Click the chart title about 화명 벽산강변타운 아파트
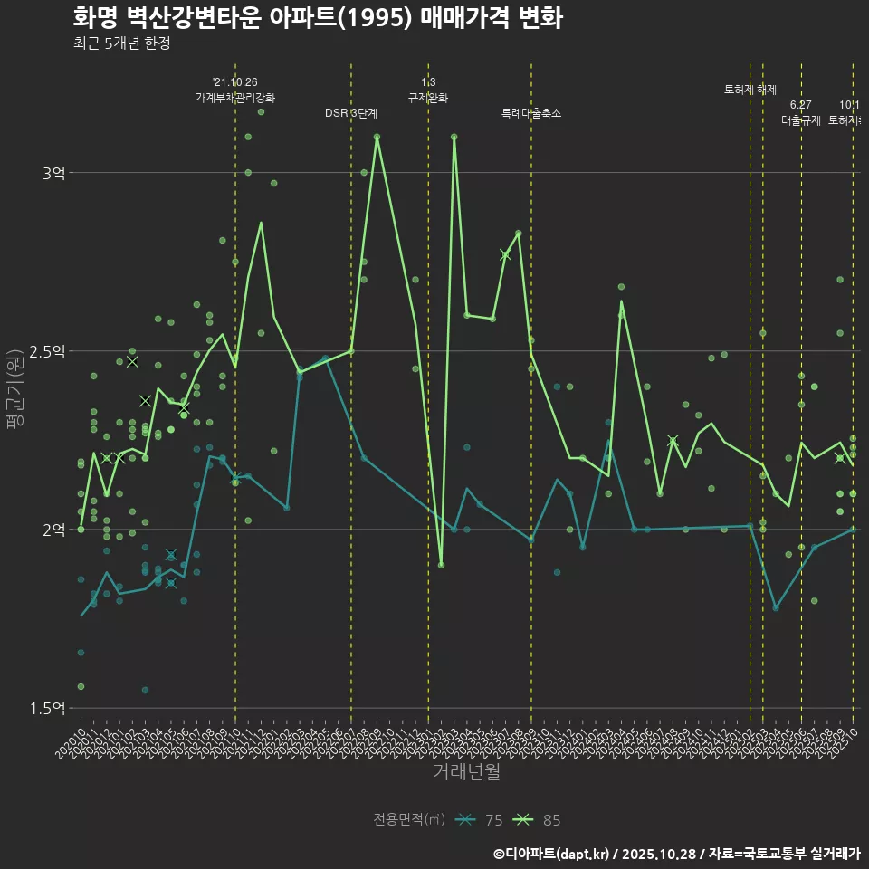point(318,17)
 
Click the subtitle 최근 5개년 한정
point(121,43)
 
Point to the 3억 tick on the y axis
point(54,172)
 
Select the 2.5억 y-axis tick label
point(49,350)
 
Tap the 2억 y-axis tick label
point(54,529)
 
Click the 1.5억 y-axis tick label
point(49,708)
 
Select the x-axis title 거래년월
point(466,772)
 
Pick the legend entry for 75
point(479,820)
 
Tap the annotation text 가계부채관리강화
point(235,98)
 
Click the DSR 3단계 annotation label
point(351,113)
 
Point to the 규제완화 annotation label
point(428,98)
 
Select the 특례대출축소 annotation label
point(531,113)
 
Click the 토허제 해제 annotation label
point(750,90)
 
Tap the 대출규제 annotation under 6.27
point(801,120)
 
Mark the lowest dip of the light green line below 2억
point(441,565)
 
